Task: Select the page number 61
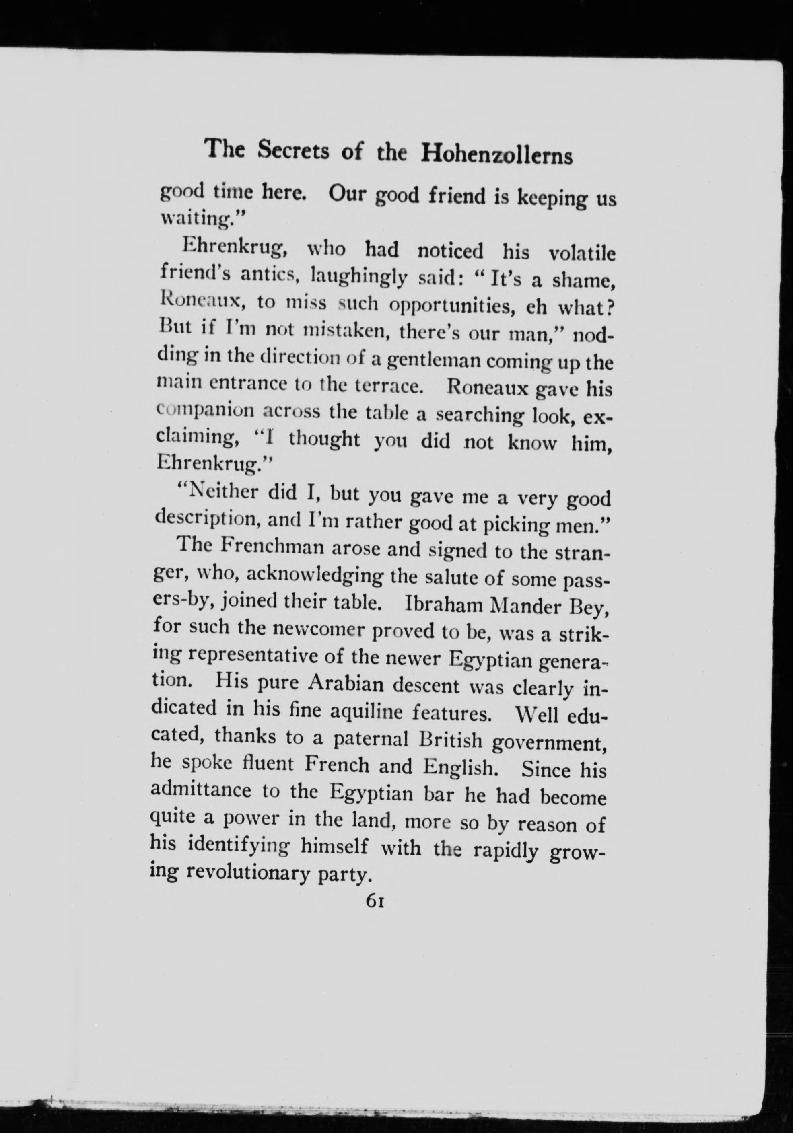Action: (x=375, y=901)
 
